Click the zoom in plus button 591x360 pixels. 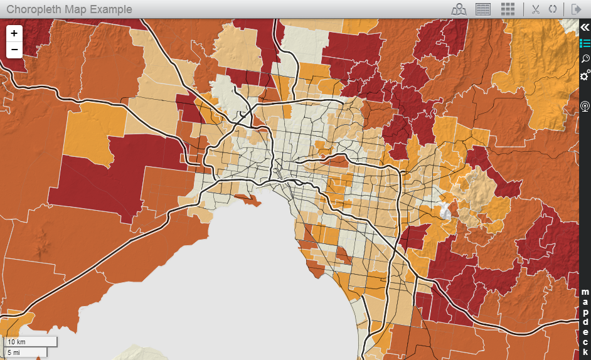[14, 33]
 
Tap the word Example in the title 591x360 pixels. [110, 9]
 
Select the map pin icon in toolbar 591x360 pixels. [460, 9]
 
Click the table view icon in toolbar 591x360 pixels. [482, 9]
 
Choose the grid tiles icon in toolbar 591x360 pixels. [508, 9]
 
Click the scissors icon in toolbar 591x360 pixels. [536, 9]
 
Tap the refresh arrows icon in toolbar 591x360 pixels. [553, 9]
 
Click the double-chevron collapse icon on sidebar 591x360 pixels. [585, 27]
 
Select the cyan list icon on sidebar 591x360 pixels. [585, 43]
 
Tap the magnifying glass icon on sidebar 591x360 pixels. [585, 59]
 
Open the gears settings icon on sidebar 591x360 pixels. [585, 75]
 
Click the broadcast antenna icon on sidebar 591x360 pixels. [585, 106]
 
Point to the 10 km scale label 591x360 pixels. [17, 342]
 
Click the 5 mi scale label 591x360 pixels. [14, 353]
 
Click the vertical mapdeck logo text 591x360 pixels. [585, 317]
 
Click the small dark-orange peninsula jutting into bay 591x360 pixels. [249, 200]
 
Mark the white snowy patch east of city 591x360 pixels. [447, 209]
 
